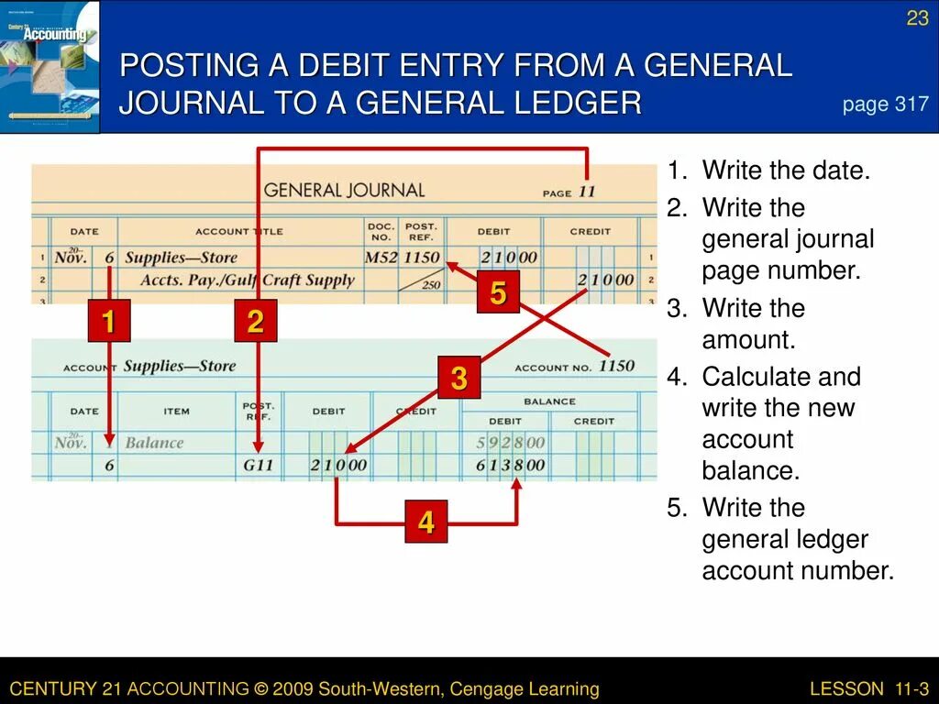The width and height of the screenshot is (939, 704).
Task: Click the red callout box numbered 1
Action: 108,322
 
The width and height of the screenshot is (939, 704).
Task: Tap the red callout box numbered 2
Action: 255,322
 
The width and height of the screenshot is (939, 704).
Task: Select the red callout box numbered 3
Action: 458,377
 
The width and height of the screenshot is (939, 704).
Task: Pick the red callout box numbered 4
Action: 425,522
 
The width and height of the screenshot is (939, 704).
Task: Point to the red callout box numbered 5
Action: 498,293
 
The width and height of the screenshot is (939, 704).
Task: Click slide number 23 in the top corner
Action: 917,18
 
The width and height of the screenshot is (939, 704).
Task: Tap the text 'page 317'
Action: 885,104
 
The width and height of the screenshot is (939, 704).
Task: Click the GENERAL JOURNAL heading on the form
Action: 344,191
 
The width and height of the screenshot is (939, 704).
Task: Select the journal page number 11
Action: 587,192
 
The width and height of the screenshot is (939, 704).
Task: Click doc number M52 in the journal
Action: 381,258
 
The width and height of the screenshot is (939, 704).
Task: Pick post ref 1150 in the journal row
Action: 422,258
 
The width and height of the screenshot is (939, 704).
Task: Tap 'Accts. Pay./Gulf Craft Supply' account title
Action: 239,280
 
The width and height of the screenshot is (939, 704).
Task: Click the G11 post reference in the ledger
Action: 259,465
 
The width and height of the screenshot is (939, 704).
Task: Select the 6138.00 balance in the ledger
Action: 511,465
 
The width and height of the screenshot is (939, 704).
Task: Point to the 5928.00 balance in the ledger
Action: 511,443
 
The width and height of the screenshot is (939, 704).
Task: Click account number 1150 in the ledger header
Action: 616,366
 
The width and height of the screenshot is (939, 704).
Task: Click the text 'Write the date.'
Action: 785,170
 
